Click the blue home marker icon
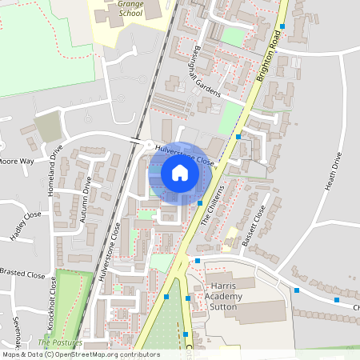[x=180, y=172]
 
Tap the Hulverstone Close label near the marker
[x=186, y=154]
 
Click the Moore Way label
[x=16, y=162]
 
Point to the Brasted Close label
[x=22, y=274]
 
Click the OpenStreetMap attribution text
[x=80, y=354]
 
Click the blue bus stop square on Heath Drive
[x=297, y=290]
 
